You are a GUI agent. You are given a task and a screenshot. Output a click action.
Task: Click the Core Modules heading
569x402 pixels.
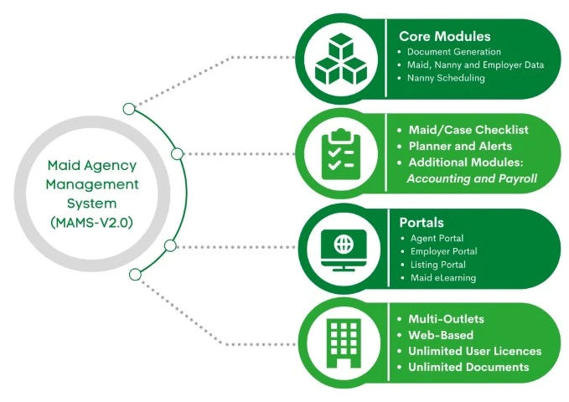coord(444,36)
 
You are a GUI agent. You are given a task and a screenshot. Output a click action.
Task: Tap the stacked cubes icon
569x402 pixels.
coord(341,59)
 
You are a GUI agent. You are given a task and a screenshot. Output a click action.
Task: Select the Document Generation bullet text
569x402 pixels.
coord(454,52)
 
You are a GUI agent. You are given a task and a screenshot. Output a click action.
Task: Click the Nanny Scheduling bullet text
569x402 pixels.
coord(446,78)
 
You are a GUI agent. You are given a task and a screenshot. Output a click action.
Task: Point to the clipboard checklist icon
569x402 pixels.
coord(341,154)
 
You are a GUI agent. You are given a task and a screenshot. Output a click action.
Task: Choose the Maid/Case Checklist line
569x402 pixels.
coord(468,130)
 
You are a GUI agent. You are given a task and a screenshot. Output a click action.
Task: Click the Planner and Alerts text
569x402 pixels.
coord(460,146)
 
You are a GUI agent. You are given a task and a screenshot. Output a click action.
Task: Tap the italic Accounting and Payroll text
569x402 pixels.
coord(472,178)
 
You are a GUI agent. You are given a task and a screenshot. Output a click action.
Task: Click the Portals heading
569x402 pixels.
coord(422,223)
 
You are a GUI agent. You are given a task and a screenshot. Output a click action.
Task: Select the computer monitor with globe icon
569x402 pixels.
coord(344,250)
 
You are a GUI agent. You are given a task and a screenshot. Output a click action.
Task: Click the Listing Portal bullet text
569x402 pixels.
coord(438,265)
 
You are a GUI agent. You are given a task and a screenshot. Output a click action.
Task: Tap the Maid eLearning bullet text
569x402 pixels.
coord(443,278)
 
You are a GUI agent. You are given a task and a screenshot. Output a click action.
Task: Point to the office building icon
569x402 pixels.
coord(344,343)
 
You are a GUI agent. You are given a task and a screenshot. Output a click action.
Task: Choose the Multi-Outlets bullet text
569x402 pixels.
coord(447,319)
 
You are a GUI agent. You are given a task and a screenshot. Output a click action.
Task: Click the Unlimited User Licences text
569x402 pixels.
coord(475,351)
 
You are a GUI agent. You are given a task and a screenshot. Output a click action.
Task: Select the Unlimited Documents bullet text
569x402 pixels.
coord(468,367)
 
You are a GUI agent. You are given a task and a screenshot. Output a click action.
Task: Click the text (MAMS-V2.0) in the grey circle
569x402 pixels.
coord(92,222)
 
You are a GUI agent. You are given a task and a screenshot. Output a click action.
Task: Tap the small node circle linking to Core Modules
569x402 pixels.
coord(129,109)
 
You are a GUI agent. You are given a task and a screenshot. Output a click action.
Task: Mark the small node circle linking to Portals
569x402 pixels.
coord(170,245)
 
